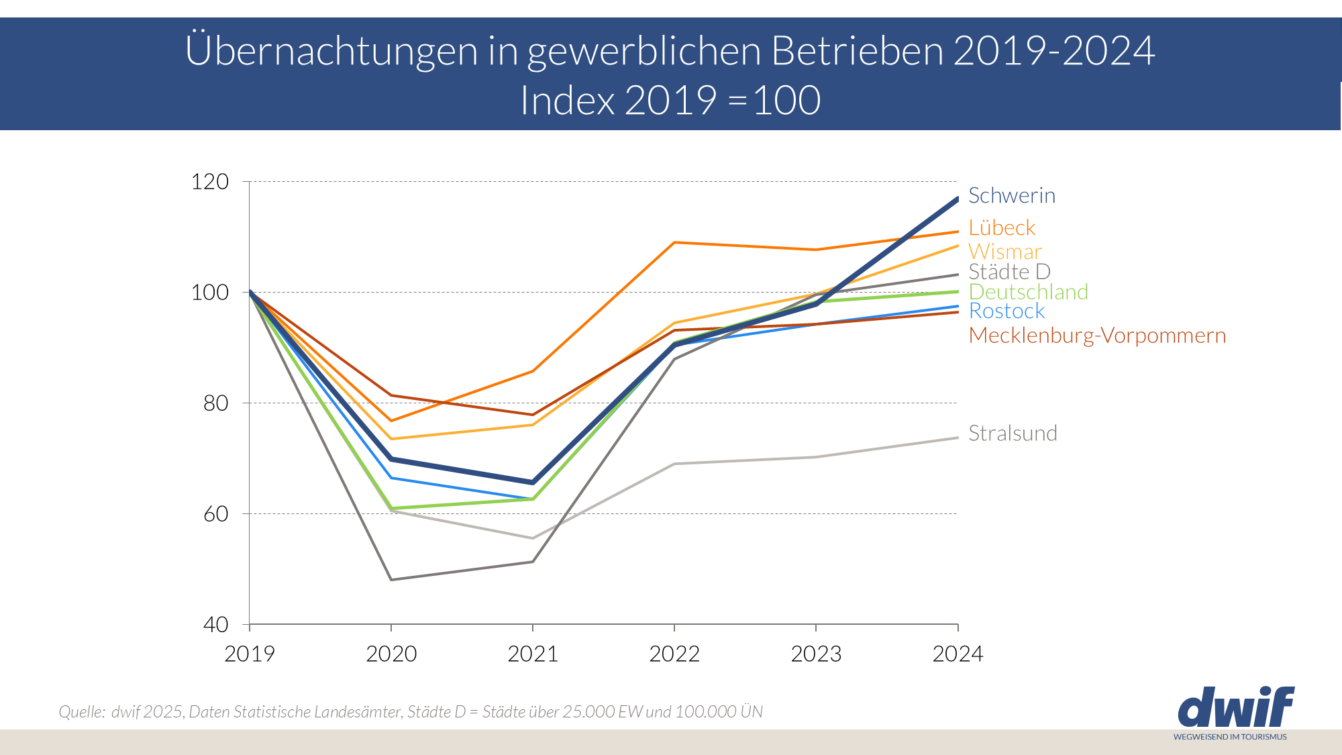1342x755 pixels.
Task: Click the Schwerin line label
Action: [1011, 195]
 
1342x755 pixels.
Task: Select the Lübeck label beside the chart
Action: [1002, 228]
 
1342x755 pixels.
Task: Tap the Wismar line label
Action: [1004, 252]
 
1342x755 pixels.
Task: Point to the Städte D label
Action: [1009, 272]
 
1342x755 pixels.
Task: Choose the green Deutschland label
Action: [1028, 292]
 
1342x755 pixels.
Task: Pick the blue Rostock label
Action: [1007, 311]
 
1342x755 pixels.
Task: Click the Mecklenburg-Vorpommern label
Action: [1096, 336]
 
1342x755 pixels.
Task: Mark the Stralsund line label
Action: [1013, 434]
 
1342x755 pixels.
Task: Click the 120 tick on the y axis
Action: [209, 182]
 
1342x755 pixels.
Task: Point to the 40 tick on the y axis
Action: [215, 625]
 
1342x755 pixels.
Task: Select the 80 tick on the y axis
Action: [215, 403]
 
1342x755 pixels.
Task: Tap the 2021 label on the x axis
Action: [533, 654]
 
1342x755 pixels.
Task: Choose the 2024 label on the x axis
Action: [958, 654]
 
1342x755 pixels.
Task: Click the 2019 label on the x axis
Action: [250, 654]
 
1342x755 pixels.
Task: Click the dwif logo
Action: [1235, 708]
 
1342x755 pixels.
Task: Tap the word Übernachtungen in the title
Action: [331, 50]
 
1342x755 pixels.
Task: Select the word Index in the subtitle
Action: [568, 101]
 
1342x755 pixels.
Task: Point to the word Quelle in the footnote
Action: [81, 712]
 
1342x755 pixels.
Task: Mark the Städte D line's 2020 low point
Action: [391, 579]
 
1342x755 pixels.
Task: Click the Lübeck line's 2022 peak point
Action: [674, 242]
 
